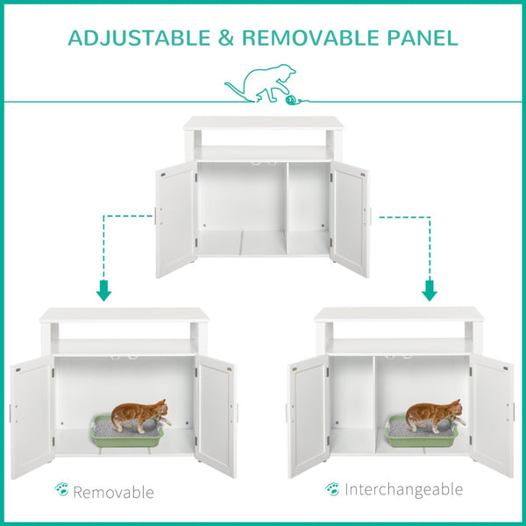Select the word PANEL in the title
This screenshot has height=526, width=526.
tap(421, 38)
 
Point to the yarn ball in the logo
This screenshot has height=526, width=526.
tap(291, 101)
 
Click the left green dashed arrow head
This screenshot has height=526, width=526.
tap(103, 291)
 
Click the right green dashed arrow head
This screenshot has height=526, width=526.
tap(429, 291)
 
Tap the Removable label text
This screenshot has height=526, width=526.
tap(113, 492)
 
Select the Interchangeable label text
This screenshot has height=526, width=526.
tap(403, 488)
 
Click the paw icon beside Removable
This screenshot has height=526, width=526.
tap(61, 489)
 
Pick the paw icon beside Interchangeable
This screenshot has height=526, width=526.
tap(332, 488)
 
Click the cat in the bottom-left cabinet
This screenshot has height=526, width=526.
tap(140, 416)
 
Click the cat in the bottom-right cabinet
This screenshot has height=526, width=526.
tap(433, 415)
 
